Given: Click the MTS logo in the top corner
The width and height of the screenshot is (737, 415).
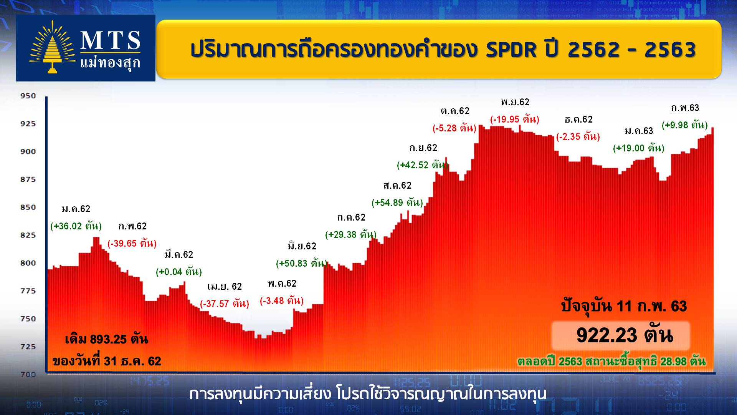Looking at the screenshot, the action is click(85, 48).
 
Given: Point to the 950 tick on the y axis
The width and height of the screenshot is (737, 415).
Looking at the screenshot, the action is click(28, 96).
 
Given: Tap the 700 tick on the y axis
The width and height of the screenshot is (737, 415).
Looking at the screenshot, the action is click(28, 374).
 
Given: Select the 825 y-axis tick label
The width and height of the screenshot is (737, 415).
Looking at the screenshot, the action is click(28, 235).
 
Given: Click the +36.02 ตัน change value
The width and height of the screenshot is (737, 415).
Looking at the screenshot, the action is click(76, 226).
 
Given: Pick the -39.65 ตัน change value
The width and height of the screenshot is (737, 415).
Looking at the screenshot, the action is click(132, 243).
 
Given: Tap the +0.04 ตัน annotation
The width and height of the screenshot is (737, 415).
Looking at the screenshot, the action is click(179, 272).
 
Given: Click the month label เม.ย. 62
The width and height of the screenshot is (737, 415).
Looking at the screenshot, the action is click(225, 286).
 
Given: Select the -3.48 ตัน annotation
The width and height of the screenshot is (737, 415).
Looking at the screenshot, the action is click(282, 300).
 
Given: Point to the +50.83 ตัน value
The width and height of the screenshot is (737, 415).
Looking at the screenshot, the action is click(302, 263).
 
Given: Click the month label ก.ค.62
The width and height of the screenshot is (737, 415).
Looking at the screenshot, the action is click(351, 217).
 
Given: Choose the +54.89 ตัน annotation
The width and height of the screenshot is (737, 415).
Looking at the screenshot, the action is click(397, 203).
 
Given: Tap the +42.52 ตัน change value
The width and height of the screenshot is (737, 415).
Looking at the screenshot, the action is click(423, 165).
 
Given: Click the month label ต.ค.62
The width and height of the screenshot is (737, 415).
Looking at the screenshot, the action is click(455, 111).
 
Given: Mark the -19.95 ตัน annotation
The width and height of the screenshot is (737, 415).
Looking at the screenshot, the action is click(515, 119).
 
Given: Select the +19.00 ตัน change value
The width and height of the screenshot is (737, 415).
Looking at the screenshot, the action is click(639, 148).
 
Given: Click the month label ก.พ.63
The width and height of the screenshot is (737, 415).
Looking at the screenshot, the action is click(685, 108).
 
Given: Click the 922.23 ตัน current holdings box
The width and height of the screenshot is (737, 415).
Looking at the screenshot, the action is click(621, 335).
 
